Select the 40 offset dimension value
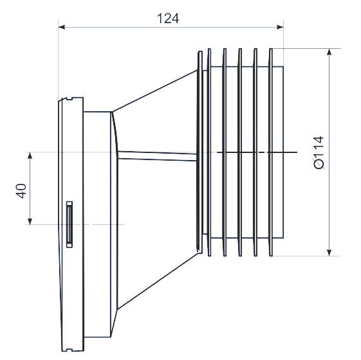point(21,191)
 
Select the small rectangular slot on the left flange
point(68,224)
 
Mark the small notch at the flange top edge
point(66,99)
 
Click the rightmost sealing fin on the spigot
point(271,152)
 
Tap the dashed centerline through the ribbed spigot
point(257,152)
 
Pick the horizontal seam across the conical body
point(158,154)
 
